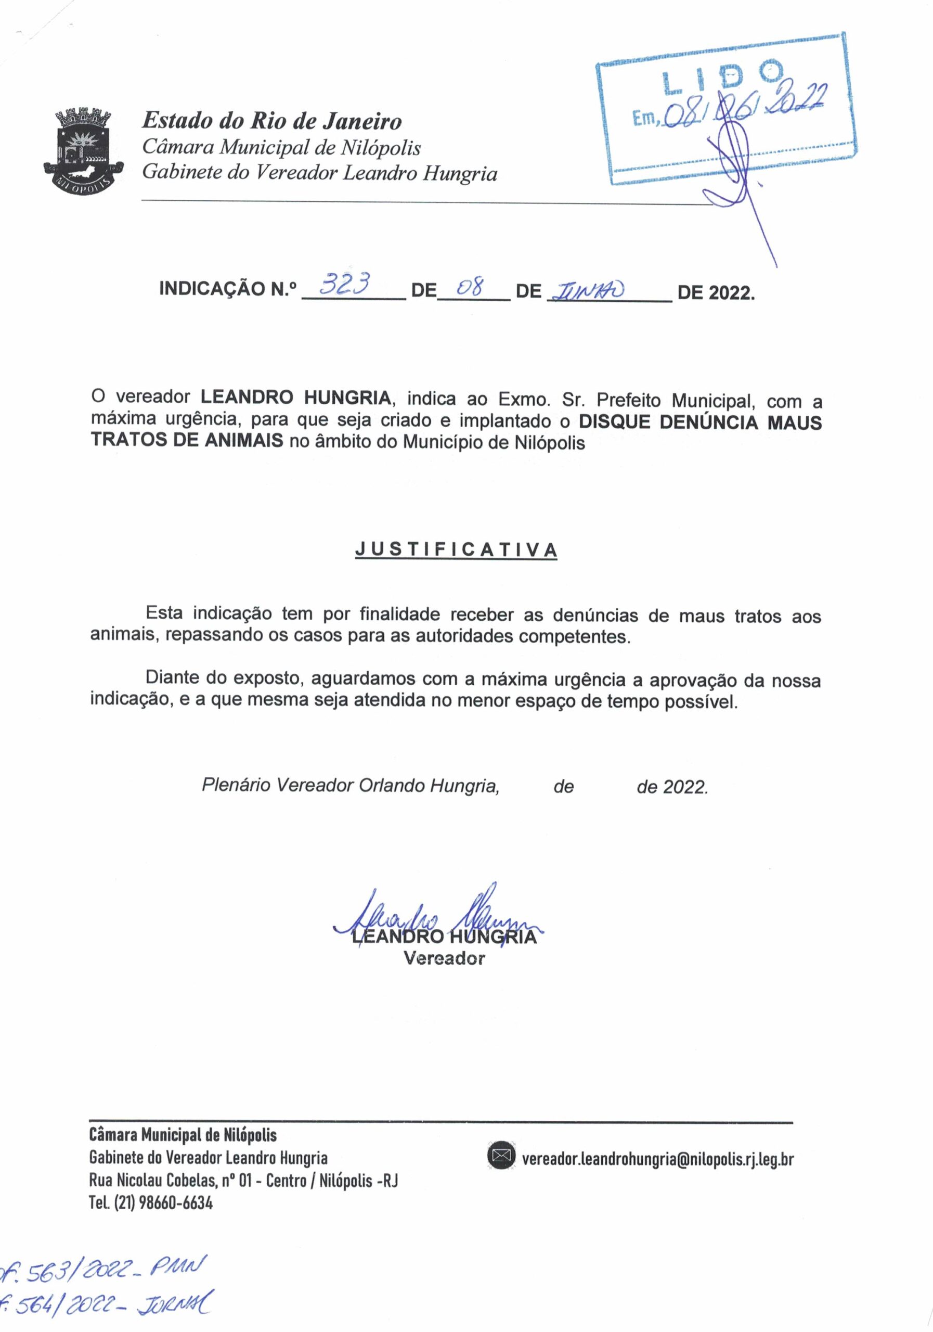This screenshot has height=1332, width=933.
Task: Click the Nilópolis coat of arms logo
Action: click(84, 150)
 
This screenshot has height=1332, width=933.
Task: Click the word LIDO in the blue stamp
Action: click(723, 76)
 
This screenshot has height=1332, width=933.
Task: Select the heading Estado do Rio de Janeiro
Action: click(271, 121)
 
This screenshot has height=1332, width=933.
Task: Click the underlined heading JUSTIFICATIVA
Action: click(456, 549)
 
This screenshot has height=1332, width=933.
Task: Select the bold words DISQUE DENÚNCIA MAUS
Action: click(700, 422)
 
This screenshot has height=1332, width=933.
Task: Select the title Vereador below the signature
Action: click(444, 958)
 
